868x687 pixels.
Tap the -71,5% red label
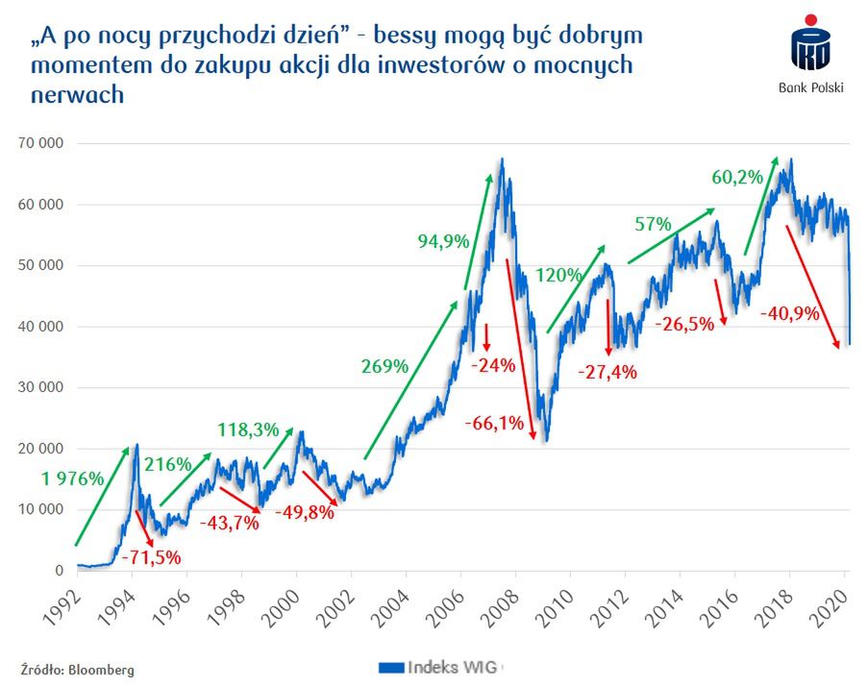pos(149,555)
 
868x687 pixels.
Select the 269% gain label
pos(385,366)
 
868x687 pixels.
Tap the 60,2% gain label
pos(737,177)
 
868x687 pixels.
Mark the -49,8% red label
pos(305,512)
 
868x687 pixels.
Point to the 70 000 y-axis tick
pos(41,143)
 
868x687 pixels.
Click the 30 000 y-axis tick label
pos(41,388)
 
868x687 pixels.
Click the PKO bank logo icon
pos(809,47)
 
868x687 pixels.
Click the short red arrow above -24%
pos(487,336)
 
